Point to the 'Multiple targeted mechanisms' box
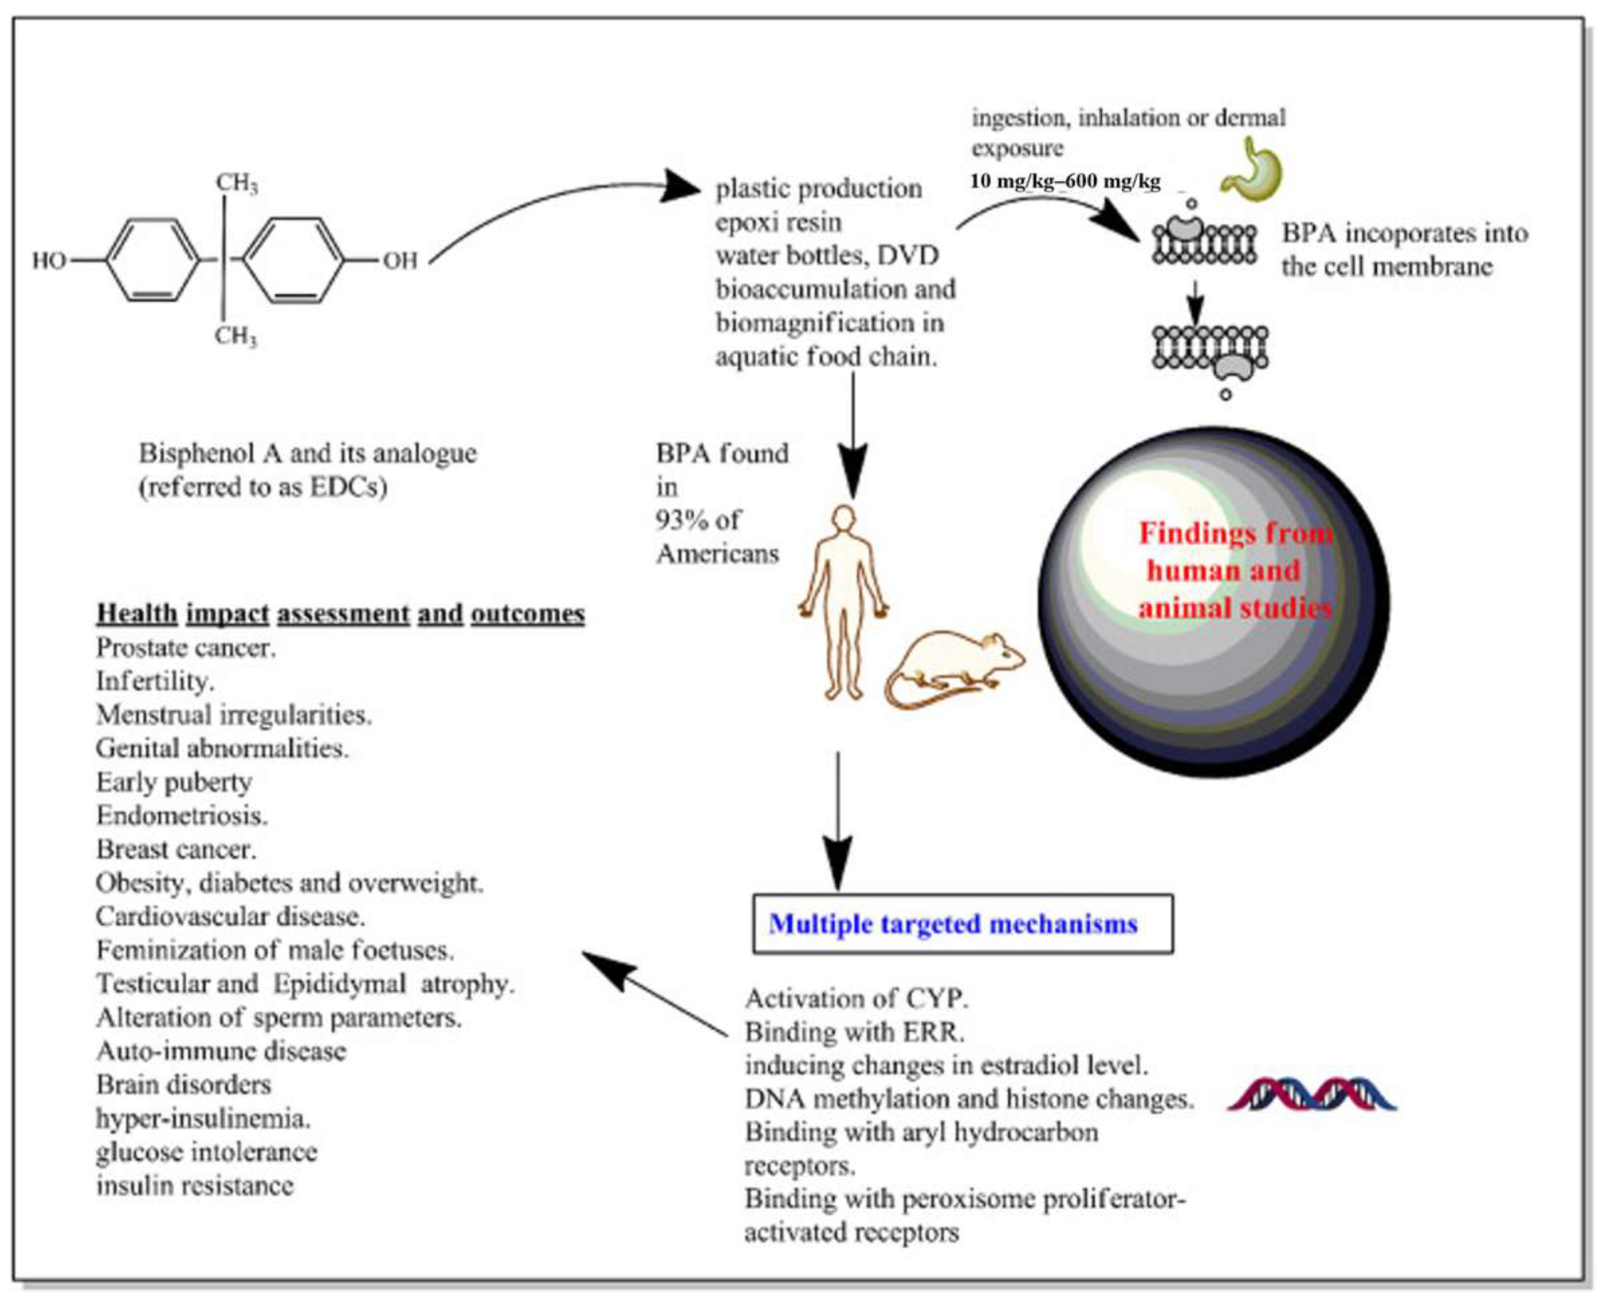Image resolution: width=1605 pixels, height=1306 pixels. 963,923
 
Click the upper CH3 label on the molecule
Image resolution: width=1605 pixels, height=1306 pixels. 237,183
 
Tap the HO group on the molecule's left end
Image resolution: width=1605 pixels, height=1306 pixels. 49,261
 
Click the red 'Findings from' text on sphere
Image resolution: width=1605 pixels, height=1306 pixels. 1236,534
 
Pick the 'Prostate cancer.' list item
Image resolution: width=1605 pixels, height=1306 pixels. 186,648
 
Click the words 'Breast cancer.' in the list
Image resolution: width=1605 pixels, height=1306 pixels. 176,849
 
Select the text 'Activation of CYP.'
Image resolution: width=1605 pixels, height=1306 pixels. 857,998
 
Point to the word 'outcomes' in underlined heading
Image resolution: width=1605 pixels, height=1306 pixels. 527,614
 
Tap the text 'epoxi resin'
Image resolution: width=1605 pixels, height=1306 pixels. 778,223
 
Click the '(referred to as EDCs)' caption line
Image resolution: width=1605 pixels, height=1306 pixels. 263,487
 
